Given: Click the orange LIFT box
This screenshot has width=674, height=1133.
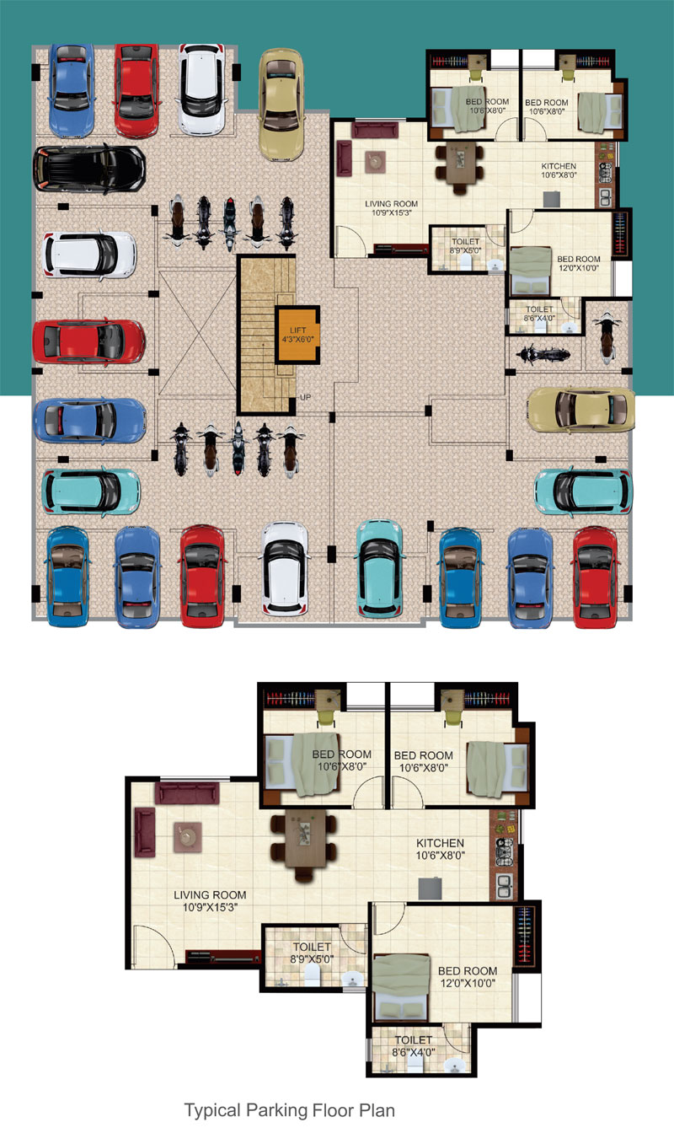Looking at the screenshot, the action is (297, 335).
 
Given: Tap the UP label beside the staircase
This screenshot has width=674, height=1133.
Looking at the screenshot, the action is (305, 398).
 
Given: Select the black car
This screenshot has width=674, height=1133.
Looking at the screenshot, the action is (89, 169).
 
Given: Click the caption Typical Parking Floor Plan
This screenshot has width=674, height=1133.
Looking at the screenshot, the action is (290, 1110).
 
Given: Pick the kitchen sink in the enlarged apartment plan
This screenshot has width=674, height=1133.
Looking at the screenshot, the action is (505, 886).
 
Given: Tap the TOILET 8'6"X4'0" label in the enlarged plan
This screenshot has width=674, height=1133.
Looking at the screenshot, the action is (414, 1046).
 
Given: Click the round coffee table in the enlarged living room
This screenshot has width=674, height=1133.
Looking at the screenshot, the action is (187, 837).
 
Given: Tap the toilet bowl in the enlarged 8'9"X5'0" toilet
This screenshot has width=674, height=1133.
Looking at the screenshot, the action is (312, 975).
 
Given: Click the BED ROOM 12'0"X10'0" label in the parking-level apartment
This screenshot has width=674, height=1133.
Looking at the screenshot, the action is (579, 263).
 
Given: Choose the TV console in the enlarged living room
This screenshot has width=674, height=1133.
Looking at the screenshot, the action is (224, 957).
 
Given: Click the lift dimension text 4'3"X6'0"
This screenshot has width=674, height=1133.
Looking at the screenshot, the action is (297, 339).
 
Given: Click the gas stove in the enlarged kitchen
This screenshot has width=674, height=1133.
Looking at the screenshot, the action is (504, 852).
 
